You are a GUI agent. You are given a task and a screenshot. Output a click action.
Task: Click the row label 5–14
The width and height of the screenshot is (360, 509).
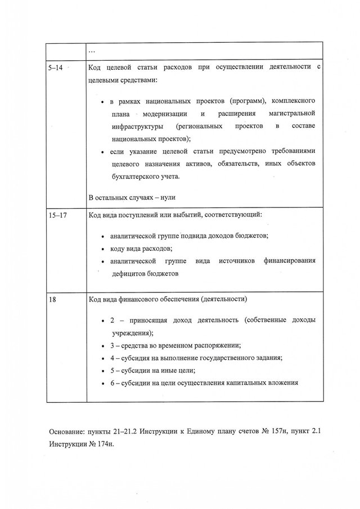click(x=55, y=67)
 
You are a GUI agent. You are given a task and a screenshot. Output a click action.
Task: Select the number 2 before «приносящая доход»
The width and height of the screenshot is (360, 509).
click(x=112, y=319)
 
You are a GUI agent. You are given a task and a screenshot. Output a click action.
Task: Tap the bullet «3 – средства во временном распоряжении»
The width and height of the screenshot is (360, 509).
click(x=177, y=345)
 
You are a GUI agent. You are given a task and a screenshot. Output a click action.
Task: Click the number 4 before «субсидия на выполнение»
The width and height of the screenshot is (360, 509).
click(x=112, y=358)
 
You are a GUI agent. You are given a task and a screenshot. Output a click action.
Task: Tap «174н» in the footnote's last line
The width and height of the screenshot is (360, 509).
click(x=103, y=444)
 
